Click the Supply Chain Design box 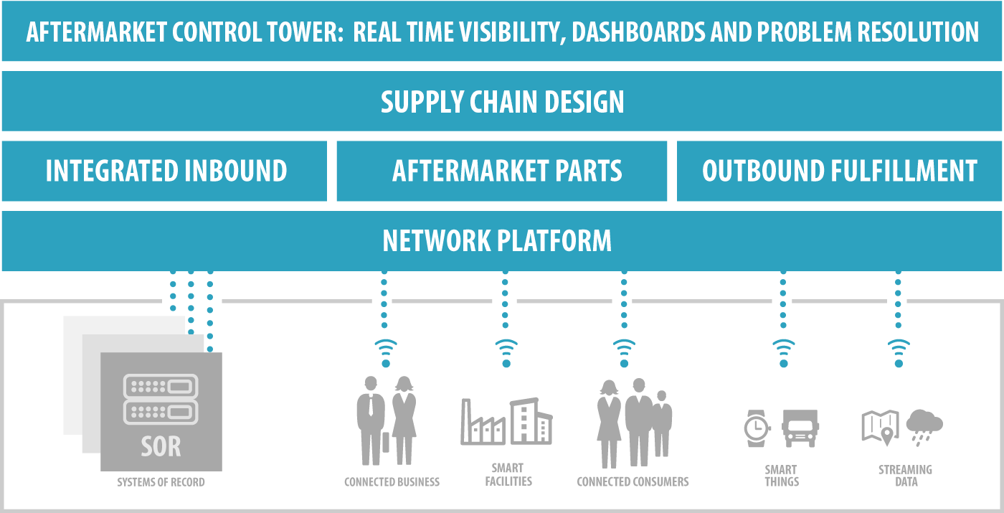click(502, 101)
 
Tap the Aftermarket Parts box click(502, 171)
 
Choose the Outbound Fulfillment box click(839, 171)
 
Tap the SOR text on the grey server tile click(161, 447)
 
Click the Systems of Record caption click(161, 482)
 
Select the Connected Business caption click(392, 482)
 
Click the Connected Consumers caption click(633, 482)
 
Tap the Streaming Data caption click(906, 476)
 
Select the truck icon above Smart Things click(800, 428)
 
